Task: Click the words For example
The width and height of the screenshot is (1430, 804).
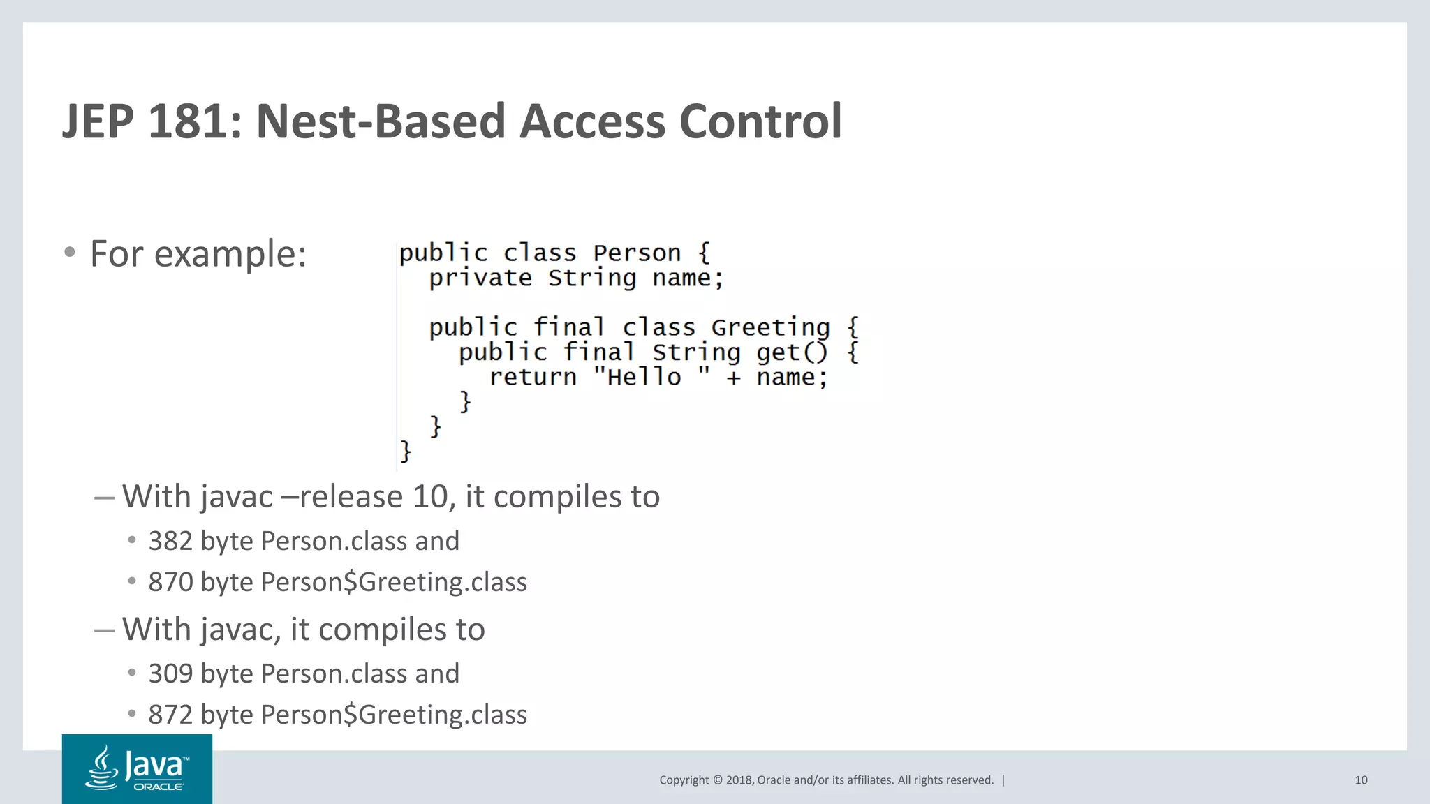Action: (x=198, y=253)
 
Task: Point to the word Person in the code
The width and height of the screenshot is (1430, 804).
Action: (x=636, y=253)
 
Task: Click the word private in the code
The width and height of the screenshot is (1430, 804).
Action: (x=480, y=278)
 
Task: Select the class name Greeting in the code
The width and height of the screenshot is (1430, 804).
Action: (x=770, y=327)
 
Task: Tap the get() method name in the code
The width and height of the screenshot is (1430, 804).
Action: (x=791, y=352)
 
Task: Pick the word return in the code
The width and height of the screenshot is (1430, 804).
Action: (x=532, y=378)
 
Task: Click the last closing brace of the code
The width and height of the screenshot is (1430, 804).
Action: (x=405, y=452)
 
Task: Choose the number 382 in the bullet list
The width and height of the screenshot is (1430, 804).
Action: (x=170, y=541)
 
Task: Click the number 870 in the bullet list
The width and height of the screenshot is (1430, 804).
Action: (x=170, y=582)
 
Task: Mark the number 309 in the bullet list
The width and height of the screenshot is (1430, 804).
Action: (x=170, y=673)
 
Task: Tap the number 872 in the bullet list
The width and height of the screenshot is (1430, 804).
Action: (x=170, y=715)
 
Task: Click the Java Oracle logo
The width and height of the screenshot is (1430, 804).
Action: (x=137, y=768)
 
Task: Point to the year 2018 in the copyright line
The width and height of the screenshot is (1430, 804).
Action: (x=739, y=780)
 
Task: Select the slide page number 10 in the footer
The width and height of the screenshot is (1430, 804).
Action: (x=1361, y=780)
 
